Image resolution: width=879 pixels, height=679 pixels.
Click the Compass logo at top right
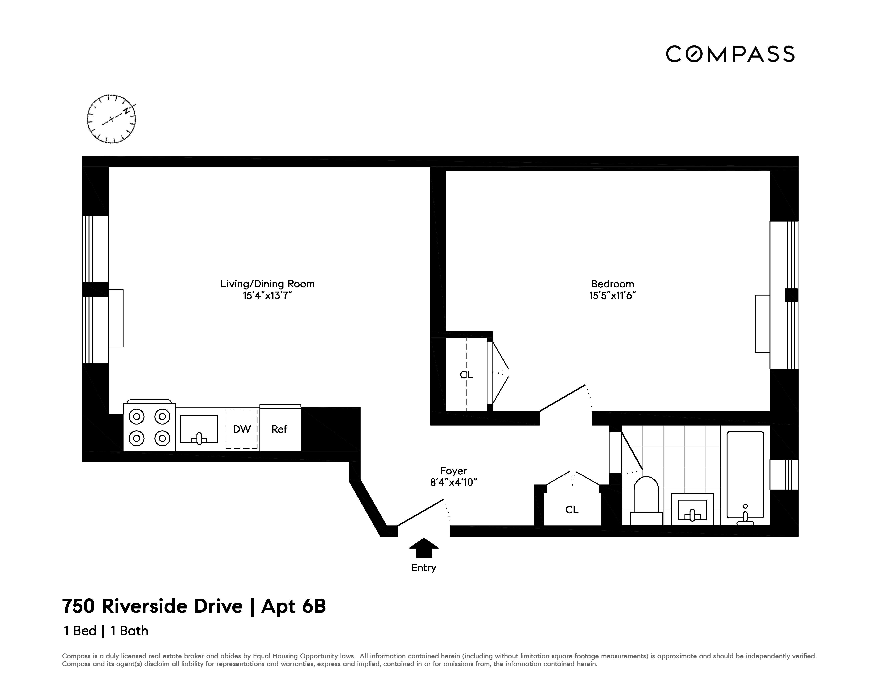click(730, 54)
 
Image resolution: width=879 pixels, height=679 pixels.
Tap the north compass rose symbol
click(111, 119)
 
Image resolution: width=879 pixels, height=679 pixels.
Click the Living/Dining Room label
click(267, 284)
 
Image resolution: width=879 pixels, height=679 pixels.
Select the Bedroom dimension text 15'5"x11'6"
click(612, 296)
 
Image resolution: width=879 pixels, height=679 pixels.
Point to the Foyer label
click(454, 471)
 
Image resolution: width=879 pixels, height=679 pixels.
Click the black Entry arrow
click(423, 548)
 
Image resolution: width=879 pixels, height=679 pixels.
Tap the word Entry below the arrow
click(423, 568)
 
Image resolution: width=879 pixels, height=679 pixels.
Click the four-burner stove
click(149, 427)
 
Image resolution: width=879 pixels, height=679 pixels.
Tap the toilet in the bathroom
click(646, 501)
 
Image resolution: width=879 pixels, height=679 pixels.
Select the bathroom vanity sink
click(692, 510)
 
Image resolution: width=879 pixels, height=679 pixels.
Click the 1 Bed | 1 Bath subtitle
click(106, 631)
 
